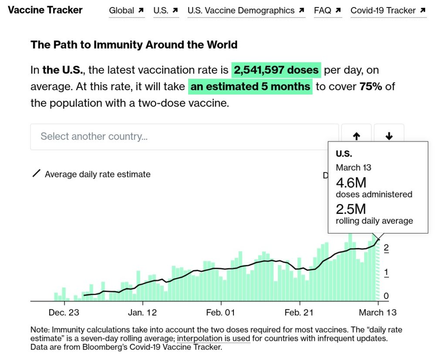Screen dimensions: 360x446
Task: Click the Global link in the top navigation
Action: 126,10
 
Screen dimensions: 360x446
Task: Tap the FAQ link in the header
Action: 327,10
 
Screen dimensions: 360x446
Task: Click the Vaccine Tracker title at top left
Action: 45,10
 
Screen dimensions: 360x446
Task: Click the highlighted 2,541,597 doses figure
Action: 276,70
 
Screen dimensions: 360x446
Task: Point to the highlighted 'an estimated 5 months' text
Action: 250,86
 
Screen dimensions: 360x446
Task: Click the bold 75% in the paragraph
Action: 371,86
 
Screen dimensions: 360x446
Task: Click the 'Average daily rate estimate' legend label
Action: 98,174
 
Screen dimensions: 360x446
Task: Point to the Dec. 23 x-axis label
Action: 64,312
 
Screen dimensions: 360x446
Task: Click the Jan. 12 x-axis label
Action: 142,312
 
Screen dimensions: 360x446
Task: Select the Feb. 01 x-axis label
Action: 221,312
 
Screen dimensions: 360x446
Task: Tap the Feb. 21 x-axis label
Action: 299,312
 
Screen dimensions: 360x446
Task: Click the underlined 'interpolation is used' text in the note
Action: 213,339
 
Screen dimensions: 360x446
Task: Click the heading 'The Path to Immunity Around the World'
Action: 134,44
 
